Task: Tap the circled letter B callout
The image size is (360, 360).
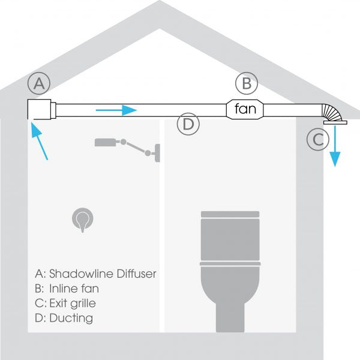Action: pyautogui.click(x=246, y=83)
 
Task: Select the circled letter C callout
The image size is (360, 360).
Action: pyautogui.click(x=317, y=140)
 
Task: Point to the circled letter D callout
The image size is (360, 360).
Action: pyautogui.click(x=188, y=125)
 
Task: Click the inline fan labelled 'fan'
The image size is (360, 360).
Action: pyautogui.click(x=245, y=109)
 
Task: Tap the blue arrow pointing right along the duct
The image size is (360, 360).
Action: pyautogui.click(x=116, y=110)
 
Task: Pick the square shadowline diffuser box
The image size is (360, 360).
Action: pyautogui.click(x=41, y=110)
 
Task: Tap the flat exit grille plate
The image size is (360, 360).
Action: pyautogui.click(x=335, y=122)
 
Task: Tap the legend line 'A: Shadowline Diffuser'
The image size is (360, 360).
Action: pyautogui.click(x=95, y=274)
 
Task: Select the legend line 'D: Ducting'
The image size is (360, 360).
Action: pyautogui.click(x=64, y=318)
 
